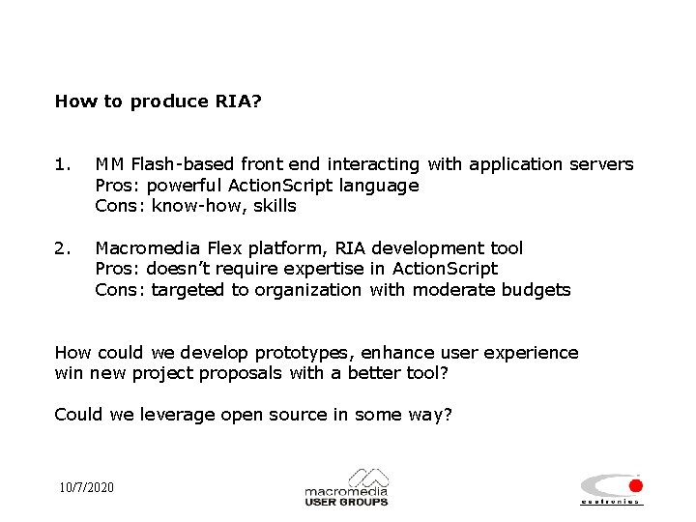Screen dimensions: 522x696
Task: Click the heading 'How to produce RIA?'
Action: (x=158, y=101)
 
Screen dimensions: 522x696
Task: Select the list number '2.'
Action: (x=63, y=248)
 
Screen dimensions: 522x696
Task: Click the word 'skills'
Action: (x=275, y=206)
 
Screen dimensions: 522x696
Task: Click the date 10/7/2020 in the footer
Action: (x=85, y=487)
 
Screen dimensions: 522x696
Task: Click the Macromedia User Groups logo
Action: (x=346, y=488)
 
